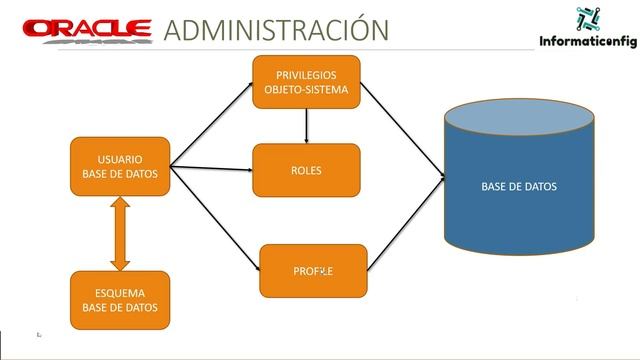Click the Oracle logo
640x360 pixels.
coord(87,29)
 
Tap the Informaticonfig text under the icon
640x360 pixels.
coord(588,42)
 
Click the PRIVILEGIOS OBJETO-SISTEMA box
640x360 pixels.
coord(306,82)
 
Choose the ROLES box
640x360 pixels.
coord(306,170)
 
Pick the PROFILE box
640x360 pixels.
coord(313,271)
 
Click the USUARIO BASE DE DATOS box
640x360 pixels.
coord(119,167)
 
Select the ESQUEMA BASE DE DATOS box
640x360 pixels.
coord(119,300)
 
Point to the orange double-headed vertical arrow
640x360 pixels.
coord(120,234)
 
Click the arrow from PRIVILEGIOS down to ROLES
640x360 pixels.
coord(306,125)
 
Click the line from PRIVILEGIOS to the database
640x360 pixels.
coord(400,130)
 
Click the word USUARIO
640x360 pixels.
coord(119,159)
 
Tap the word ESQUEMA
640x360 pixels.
coord(119,293)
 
